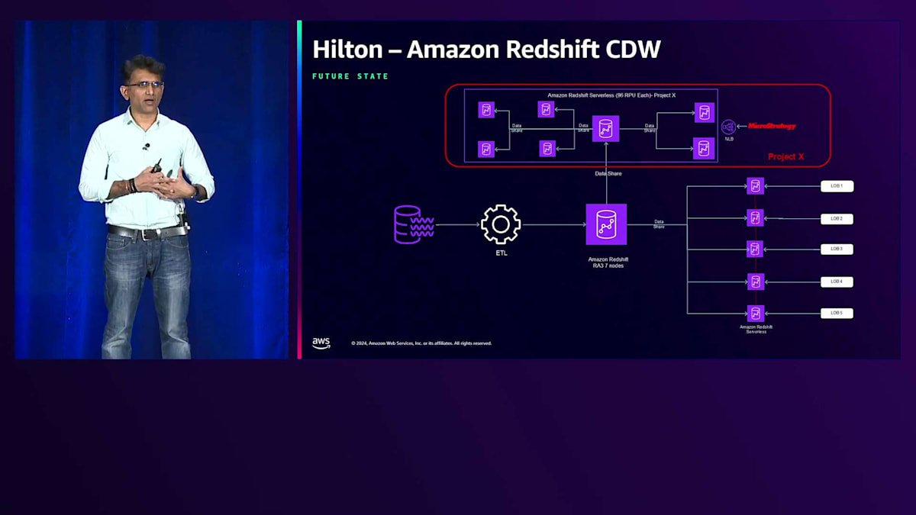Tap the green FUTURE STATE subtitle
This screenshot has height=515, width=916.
pyautogui.click(x=350, y=76)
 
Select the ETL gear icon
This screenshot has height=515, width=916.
pyautogui.click(x=501, y=224)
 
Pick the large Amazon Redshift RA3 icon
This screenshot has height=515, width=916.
pyautogui.click(x=606, y=224)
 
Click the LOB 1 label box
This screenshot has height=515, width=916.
pyautogui.click(x=837, y=186)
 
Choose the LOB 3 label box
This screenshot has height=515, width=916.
pyautogui.click(x=837, y=249)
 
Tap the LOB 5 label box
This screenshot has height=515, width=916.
pyautogui.click(x=837, y=313)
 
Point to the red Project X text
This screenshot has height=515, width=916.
pyautogui.click(x=786, y=157)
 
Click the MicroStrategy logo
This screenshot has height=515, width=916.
pyautogui.click(x=772, y=126)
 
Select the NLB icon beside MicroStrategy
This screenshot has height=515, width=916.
pyautogui.click(x=728, y=127)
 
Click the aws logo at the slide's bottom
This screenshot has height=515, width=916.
pyautogui.click(x=321, y=343)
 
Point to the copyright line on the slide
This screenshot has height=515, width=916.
pyautogui.click(x=421, y=343)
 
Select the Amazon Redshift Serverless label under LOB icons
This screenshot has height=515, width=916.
pyautogui.click(x=756, y=328)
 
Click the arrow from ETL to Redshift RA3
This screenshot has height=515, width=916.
pyautogui.click(x=553, y=224)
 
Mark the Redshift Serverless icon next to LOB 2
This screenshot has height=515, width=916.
pyautogui.click(x=756, y=218)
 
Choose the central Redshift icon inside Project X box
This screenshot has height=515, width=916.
pyautogui.click(x=606, y=128)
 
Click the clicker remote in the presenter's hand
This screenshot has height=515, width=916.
pyautogui.click(x=157, y=166)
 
